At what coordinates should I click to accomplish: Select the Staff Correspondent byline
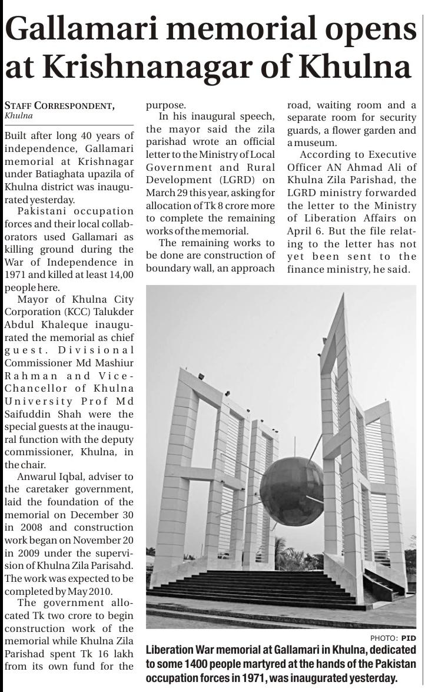point(59,106)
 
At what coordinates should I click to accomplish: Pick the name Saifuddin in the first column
point(28,414)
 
